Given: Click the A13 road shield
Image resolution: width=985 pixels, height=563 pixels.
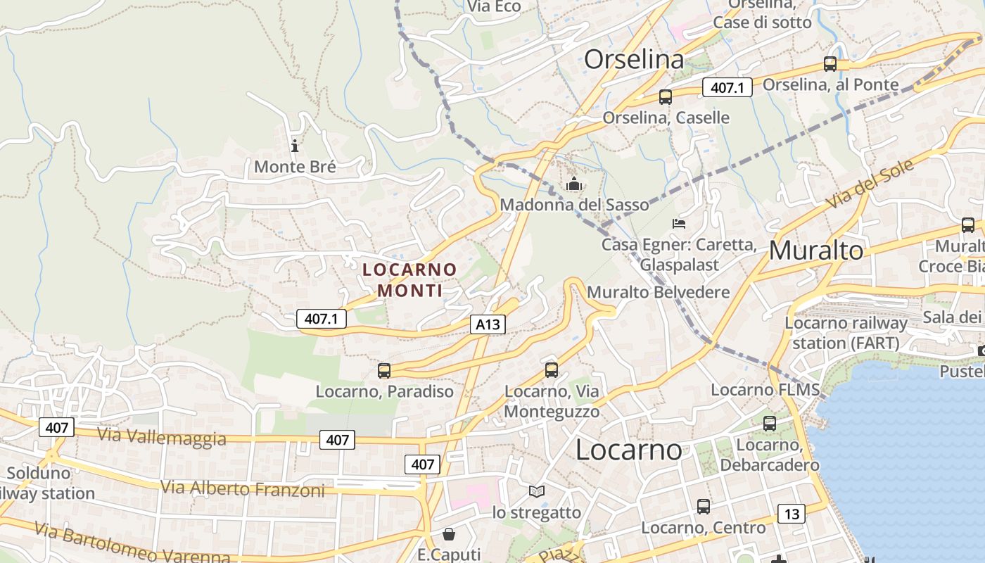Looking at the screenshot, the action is click(x=488, y=324).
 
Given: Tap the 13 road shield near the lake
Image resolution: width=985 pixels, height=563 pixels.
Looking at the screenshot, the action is click(x=792, y=514).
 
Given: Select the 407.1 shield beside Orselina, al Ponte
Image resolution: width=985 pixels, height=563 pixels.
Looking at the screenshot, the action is click(x=727, y=88).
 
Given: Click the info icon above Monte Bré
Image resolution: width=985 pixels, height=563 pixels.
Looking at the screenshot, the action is click(x=295, y=146).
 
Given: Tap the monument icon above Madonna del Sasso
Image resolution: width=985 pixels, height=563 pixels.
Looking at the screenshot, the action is click(x=574, y=184).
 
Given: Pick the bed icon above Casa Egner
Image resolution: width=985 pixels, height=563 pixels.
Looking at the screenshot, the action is click(x=679, y=224).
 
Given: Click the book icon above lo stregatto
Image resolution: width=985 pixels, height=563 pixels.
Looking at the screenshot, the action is click(x=537, y=491).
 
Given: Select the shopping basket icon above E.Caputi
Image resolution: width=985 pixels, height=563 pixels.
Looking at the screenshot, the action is click(x=449, y=534).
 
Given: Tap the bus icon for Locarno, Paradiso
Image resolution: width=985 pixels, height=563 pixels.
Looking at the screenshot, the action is click(x=384, y=370).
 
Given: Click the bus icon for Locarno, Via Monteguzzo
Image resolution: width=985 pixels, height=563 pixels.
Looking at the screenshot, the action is click(x=552, y=369).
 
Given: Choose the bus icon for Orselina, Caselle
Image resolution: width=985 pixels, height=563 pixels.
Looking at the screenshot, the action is click(x=666, y=97).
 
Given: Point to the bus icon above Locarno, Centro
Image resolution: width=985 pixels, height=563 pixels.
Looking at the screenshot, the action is click(x=704, y=506).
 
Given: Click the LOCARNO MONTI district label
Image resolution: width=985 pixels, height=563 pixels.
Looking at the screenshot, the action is click(x=409, y=279).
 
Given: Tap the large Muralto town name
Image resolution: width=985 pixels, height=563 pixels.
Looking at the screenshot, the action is click(x=815, y=251).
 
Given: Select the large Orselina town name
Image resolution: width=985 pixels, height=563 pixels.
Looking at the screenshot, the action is click(x=634, y=60).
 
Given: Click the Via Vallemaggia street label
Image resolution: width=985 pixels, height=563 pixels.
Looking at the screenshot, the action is click(x=162, y=436).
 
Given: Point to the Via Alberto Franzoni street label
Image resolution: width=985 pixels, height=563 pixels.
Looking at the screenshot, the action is click(x=243, y=488).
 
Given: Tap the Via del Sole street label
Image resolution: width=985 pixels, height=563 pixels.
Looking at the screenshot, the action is click(x=870, y=184).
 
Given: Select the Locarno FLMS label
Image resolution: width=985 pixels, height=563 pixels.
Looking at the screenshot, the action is click(x=765, y=390).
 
